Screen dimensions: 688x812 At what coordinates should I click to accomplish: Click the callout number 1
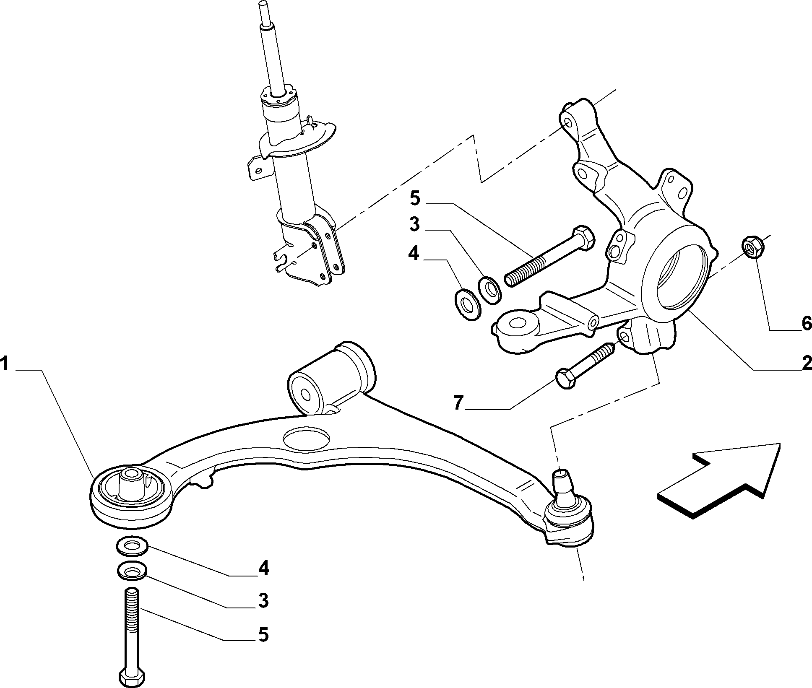(5, 363)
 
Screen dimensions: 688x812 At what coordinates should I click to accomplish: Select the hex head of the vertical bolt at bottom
(132, 677)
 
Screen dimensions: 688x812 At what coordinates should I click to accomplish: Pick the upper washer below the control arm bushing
(132, 545)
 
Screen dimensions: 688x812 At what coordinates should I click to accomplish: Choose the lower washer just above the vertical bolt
(132, 571)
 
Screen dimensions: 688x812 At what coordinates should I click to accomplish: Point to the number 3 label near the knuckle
(414, 224)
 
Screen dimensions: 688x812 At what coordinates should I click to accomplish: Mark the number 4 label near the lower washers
(263, 568)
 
